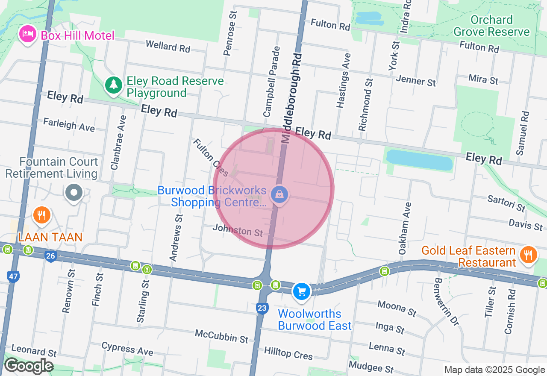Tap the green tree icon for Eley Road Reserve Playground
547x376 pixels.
tap(113, 85)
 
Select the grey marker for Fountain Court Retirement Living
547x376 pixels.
tap(74, 193)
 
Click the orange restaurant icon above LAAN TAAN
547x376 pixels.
tap(41, 215)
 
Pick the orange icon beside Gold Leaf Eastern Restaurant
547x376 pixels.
tap(529, 255)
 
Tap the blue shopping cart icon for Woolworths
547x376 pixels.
tap(302, 291)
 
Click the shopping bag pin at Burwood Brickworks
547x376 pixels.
tap(279, 195)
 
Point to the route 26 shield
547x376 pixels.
tap(50, 256)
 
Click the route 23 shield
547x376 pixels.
tap(262, 308)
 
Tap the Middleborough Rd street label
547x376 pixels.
tap(291, 98)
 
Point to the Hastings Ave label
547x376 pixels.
tap(344, 80)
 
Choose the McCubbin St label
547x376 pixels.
tap(221, 336)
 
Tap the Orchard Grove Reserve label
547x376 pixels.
tap(491, 26)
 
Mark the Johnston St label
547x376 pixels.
tap(238, 231)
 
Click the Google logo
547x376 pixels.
tap(29, 366)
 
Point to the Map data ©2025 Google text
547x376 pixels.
tap(494, 370)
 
